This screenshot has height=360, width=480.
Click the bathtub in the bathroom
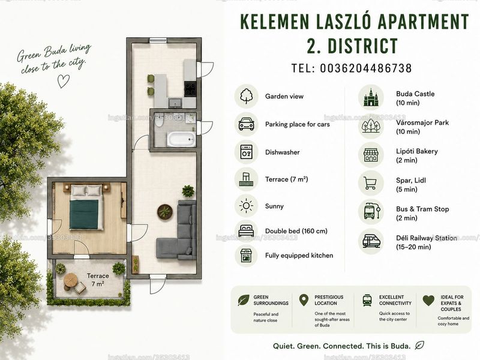[181, 139]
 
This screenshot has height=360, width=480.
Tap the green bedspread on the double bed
[84, 214]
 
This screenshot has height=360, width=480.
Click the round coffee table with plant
[165, 212]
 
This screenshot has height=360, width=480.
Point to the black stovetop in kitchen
[190, 89]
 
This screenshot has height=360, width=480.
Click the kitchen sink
[175, 103]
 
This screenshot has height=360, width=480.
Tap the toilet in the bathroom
[159, 122]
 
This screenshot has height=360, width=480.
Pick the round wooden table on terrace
[71, 280]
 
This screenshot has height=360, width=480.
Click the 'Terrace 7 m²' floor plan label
[98, 280]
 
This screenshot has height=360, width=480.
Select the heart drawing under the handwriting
[64, 81]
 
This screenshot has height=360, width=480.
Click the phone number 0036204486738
[366, 68]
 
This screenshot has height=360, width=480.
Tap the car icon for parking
[247, 124]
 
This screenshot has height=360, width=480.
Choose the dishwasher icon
[247, 152]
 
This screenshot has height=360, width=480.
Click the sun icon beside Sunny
[246, 206]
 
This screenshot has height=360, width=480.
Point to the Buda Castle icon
[371, 97]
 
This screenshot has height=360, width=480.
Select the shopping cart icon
[370, 183]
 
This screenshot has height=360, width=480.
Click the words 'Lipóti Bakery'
[416, 151]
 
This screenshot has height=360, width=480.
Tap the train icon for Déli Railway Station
[371, 241]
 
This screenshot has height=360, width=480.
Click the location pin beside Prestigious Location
[304, 301]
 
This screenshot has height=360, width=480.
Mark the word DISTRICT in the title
[363, 46]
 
